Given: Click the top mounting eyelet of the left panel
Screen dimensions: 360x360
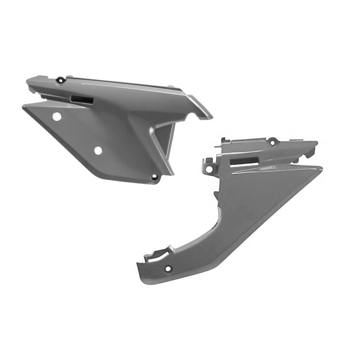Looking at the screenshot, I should (x=59, y=81).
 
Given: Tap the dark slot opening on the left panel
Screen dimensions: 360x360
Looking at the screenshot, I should (x=81, y=99).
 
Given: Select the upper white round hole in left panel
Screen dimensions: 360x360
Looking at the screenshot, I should (x=56, y=117).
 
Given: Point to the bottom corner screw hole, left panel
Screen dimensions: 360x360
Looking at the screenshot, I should (x=155, y=177).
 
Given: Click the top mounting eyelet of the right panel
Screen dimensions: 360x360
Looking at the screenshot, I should (x=272, y=141).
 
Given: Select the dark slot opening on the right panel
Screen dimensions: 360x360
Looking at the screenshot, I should (x=243, y=160).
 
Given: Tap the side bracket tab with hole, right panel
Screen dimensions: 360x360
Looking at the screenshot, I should (x=208, y=166).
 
